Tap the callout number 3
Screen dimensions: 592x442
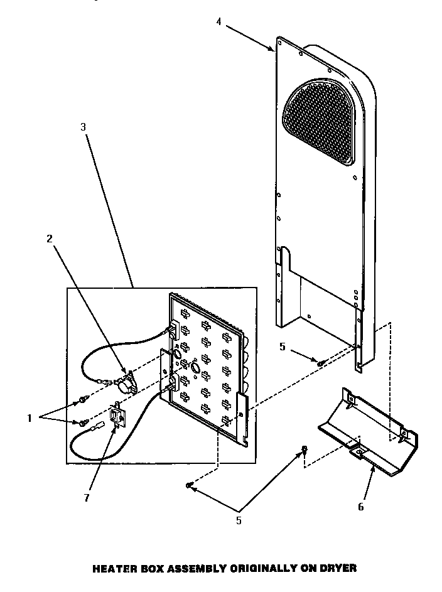(83, 126)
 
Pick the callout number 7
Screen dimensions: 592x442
(87, 498)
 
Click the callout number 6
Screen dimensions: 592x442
(360, 507)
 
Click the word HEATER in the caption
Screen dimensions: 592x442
(112, 568)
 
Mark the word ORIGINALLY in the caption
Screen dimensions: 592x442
(264, 568)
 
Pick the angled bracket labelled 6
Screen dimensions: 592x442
(370, 433)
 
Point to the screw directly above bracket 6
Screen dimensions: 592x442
(305, 449)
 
